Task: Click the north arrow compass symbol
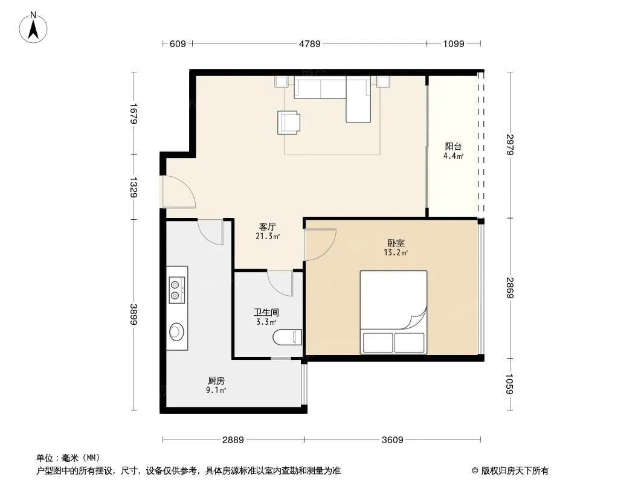(x=33, y=28)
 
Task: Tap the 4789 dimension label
(x=310, y=43)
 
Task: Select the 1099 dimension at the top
(x=454, y=43)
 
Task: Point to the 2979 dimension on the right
(x=510, y=145)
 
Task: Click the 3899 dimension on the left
(x=134, y=315)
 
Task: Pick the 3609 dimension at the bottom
(x=392, y=440)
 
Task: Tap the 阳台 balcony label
(x=453, y=146)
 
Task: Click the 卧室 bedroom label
(x=396, y=243)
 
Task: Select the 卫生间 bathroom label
(x=266, y=312)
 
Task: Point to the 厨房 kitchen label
(x=216, y=380)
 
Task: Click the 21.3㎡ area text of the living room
(x=268, y=236)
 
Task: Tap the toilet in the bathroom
(x=288, y=337)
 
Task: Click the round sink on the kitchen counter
(x=176, y=331)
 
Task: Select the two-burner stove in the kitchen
(x=177, y=290)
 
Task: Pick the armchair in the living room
(x=288, y=123)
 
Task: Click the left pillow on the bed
(x=378, y=343)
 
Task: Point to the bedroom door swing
(x=320, y=244)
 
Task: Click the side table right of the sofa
(x=383, y=82)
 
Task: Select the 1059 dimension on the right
(x=510, y=384)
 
